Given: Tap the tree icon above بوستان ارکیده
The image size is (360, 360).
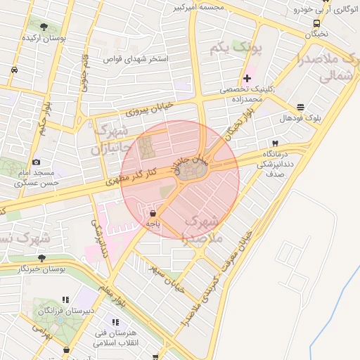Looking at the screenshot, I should (x=44, y=27).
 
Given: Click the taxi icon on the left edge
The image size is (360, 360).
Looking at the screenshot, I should (x=15, y=70).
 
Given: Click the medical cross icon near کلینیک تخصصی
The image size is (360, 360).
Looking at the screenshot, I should (x=247, y=77).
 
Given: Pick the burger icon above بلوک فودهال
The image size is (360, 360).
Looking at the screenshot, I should (x=301, y=108).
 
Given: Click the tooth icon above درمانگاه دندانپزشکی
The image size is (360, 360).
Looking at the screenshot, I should (x=274, y=143).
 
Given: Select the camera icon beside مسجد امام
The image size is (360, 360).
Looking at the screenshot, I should (x=37, y=162).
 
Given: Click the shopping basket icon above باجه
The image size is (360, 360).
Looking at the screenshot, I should (x=153, y=212).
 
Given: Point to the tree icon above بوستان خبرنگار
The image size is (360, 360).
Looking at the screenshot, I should (x=41, y=258).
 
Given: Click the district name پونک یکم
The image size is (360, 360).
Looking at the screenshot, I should (x=235, y=49).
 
